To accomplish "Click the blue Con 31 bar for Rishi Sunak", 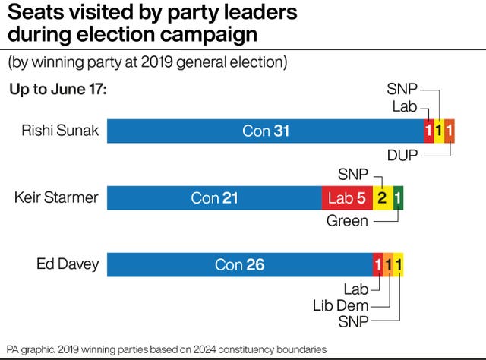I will (x=265, y=131).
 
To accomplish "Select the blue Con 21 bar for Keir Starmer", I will (x=214, y=198).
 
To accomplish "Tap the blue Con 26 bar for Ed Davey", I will (x=239, y=265).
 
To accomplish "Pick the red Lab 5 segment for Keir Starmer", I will (x=347, y=198).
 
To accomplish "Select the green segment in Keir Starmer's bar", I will (x=399, y=198).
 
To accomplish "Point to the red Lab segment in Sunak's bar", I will (x=429, y=131).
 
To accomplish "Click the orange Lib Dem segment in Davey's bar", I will (x=388, y=265).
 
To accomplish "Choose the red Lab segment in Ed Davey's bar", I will (x=377, y=265).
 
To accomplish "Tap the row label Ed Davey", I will (x=68, y=265).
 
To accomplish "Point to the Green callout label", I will (x=347, y=222).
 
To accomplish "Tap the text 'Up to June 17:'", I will (x=58, y=90).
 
